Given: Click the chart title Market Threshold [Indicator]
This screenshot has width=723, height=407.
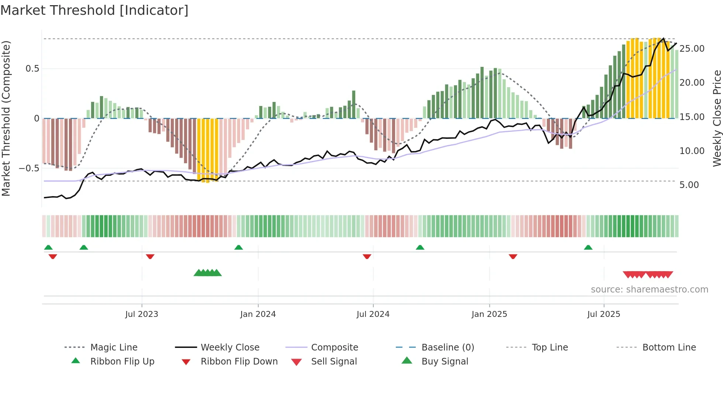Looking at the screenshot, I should click(94, 10).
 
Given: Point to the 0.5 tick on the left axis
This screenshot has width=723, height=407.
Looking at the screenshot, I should click(32, 69).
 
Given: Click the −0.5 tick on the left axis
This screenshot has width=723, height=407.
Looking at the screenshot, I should click(29, 168).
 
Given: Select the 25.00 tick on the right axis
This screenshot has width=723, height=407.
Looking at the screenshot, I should click(692, 49).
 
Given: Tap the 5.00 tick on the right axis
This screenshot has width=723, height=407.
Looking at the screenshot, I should click(689, 185).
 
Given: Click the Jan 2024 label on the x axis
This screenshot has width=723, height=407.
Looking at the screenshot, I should click(258, 314).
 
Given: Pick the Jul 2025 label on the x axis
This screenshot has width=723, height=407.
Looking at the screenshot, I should click(603, 314).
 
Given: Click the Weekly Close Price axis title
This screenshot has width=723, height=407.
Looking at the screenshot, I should click(717, 118).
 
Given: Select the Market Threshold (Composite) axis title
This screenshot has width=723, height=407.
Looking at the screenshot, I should click(6, 118).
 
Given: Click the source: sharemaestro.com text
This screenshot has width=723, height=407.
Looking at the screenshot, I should click(649, 290).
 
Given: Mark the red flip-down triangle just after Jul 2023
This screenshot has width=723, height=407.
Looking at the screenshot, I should click(150, 256).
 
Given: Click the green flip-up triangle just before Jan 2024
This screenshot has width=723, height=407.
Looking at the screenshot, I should click(239, 247).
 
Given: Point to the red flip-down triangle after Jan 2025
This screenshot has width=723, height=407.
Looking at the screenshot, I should click(513, 256).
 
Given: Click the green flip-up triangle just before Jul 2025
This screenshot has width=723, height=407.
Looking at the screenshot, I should click(588, 247).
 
